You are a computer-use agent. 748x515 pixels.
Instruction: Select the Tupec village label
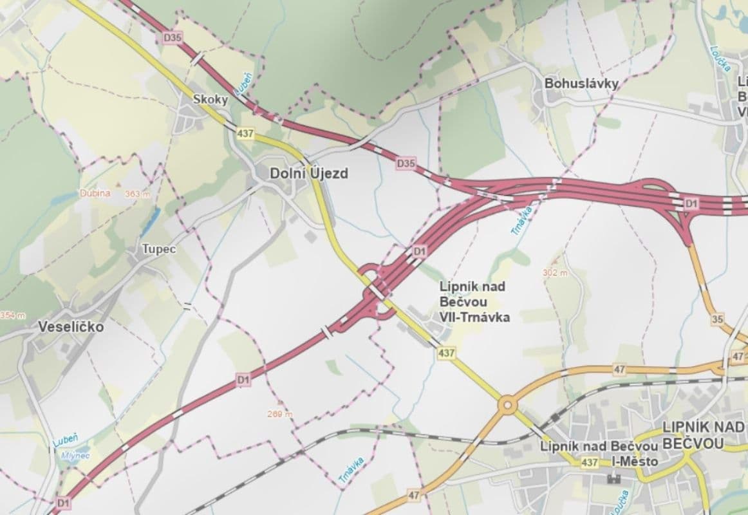tap(159, 248)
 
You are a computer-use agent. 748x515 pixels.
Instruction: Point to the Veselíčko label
tap(70, 326)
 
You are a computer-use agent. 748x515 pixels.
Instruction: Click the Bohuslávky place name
tap(581, 84)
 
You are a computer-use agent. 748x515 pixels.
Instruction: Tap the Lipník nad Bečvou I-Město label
tap(599, 454)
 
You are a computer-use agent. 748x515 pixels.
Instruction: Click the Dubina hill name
tap(95, 193)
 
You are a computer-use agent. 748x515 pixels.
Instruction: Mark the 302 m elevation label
tap(555, 273)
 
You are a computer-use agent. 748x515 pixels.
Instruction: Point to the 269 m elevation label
tap(279, 414)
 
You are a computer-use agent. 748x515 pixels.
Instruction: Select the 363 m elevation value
tap(137, 194)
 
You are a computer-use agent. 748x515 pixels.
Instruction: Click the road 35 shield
tap(718, 319)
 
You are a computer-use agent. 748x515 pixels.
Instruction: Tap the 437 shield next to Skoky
tap(245, 134)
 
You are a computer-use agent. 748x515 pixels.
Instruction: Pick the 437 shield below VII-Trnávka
tap(445, 353)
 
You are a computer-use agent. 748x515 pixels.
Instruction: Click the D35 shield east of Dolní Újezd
tap(406, 164)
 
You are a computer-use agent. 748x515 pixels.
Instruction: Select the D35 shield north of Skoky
tap(173, 38)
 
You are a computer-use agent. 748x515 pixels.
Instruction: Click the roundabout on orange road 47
tap(508, 405)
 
